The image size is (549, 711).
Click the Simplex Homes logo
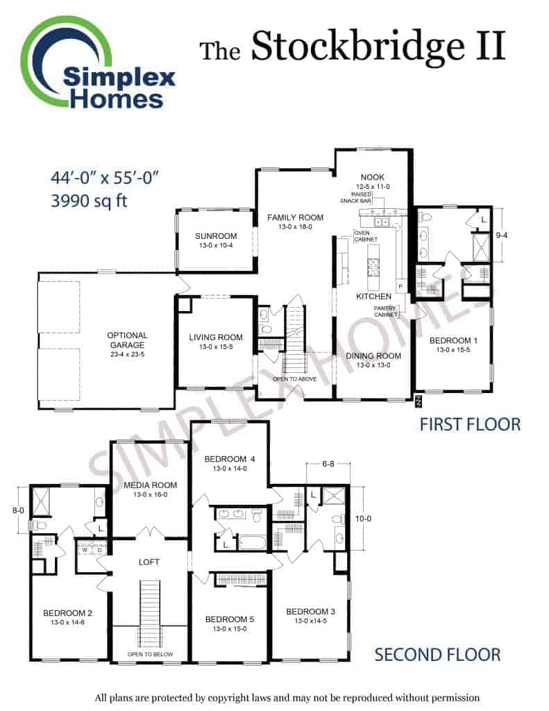point(97,63)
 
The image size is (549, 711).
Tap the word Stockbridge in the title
point(357,47)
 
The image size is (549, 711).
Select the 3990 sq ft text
point(89,201)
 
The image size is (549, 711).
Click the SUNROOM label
point(216,236)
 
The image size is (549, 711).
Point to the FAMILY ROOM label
point(295,217)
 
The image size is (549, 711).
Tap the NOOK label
point(373,177)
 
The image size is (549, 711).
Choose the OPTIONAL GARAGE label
point(128,340)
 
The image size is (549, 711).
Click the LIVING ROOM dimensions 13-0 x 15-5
point(216,347)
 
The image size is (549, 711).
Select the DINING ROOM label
point(373,356)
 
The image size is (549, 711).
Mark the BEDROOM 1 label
point(453,340)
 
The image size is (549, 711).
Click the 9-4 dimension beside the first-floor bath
point(501,235)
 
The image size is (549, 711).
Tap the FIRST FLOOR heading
point(470,424)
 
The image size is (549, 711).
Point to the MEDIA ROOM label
point(151,485)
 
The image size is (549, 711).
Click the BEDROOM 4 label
point(230,459)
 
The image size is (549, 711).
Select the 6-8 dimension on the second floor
point(328,464)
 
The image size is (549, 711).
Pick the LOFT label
point(149,562)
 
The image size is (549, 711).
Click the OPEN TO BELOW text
point(150,654)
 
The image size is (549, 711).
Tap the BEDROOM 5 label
point(230,619)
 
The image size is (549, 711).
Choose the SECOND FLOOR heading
point(437,655)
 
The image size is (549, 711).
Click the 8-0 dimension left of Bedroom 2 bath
point(18,510)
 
